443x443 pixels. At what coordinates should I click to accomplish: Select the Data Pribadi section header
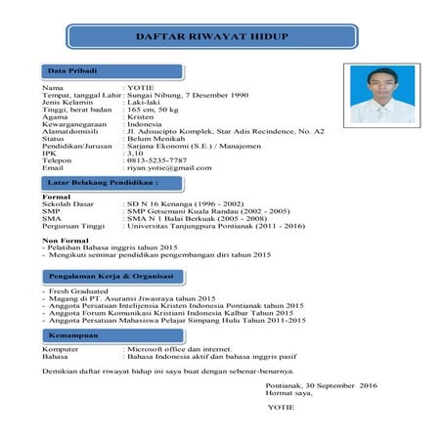point(72,72)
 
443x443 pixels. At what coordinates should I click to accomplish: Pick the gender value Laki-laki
point(148,101)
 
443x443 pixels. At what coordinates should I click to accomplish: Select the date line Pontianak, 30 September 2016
point(321,386)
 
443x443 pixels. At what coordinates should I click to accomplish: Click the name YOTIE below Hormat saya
point(280,406)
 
